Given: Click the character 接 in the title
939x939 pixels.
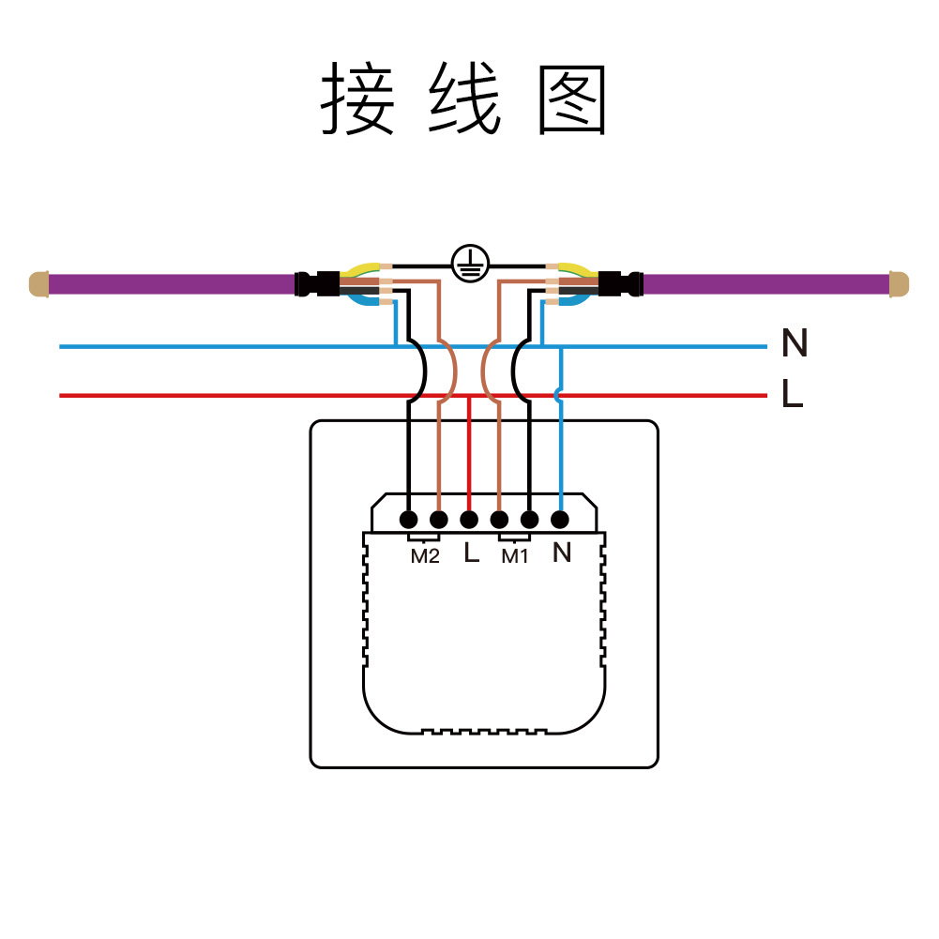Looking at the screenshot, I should point(357,100).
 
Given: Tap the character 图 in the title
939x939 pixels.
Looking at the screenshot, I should point(573,100).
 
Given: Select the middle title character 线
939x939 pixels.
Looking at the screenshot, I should point(465,100).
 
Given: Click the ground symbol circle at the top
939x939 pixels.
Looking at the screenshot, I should point(469,265).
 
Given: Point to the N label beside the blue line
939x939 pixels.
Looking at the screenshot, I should point(794,345).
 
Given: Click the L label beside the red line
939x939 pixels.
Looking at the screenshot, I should point(792,395).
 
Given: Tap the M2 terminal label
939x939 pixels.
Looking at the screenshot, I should point(425,556).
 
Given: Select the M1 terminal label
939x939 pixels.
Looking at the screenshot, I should point(514,556).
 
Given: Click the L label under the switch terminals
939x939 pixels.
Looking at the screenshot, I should point(471,553).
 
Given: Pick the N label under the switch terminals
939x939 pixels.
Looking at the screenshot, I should point(561,553).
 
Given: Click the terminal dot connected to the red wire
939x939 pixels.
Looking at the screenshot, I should point(469,519).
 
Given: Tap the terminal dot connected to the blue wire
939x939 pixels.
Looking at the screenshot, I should point(560,519).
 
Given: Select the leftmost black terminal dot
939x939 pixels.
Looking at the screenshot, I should point(408,519).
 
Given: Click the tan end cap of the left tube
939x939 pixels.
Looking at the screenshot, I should point(38,283).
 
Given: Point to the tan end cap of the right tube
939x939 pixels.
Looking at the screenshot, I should point(899,283).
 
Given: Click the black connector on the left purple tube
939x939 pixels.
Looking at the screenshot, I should point(317,283).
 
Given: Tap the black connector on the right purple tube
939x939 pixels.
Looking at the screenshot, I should point(621,283).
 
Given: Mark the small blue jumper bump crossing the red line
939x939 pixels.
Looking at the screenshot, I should point(559,395).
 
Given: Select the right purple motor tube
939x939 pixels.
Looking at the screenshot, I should point(765,283).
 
